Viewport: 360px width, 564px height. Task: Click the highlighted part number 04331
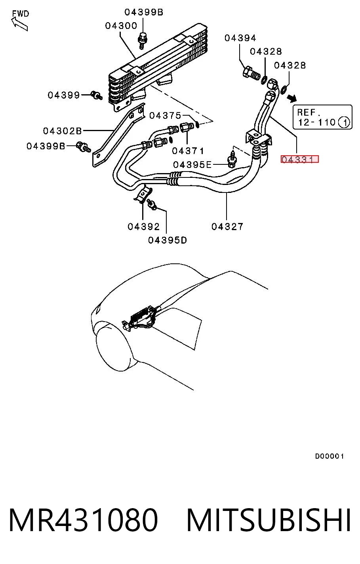click(299, 159)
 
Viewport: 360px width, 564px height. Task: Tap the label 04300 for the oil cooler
click(121, 26)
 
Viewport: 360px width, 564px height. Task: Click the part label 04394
click(240, 38)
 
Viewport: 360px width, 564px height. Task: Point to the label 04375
click(165, 116)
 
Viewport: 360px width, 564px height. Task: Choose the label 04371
click(188, 151)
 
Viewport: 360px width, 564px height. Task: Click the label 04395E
click(192, 165)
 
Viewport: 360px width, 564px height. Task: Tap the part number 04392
click(143, 227)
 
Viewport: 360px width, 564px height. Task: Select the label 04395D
click(168, 240)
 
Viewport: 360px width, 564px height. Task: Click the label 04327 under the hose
click(227, 227)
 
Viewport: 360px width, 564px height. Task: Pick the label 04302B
click(63, 131)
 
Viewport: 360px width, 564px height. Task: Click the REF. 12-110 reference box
click(322, 117)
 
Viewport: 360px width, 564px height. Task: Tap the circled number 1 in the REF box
click(344, 123)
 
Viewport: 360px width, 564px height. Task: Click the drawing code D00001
click(330, 456)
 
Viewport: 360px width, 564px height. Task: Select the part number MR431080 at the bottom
click(83, 520)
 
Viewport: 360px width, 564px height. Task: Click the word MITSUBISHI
click(269, 520)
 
